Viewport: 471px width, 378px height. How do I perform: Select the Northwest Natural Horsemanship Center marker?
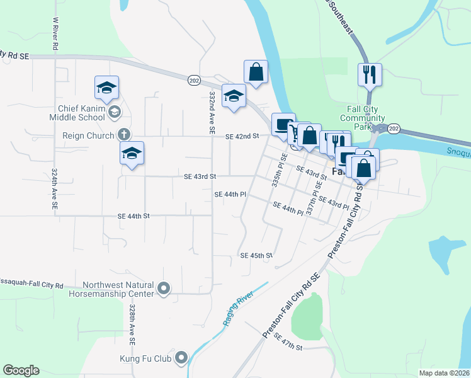(164, 289)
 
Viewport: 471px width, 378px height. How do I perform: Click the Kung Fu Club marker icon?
(181, 359)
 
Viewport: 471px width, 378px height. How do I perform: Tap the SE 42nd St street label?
(242, 136)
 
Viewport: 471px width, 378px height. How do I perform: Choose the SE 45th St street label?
(256, 256)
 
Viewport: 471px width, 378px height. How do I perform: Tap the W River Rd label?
(55, 33)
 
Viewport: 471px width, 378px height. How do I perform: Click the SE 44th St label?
(133, 215)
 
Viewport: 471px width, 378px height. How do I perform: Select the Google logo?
(21, 370)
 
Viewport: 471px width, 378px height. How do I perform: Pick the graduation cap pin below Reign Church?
(132, 154)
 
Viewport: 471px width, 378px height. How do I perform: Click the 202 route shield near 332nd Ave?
(194, 80)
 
